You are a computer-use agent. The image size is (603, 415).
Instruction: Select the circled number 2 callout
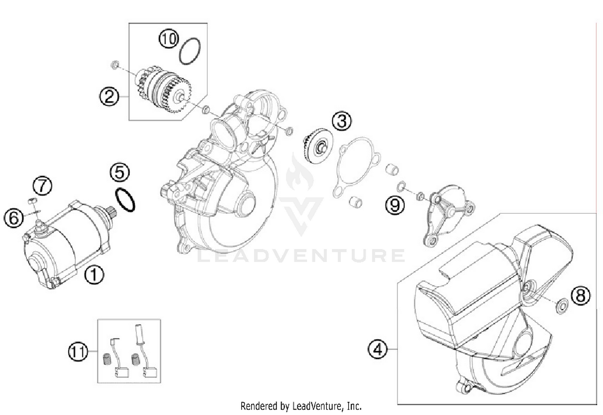tap(109, 97)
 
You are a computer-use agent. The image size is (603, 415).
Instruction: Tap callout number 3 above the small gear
tap(341, 121)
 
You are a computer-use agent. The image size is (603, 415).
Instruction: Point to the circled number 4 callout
tap(378, 349)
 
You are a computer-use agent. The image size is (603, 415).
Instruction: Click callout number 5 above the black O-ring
tap(119, 173)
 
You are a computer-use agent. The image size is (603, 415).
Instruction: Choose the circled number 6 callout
tap(14, 218)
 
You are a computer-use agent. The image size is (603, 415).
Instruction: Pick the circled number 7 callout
tap(42, 186)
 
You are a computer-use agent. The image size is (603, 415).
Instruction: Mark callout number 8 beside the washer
tap(581, 296)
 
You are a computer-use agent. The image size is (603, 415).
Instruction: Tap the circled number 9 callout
tap(395, 205)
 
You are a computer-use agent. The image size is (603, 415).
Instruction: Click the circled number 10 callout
tap(168, 39)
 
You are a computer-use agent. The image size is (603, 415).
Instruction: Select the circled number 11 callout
tap(78, 351)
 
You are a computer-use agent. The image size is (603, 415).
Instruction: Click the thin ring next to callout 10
tap(189, 51)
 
